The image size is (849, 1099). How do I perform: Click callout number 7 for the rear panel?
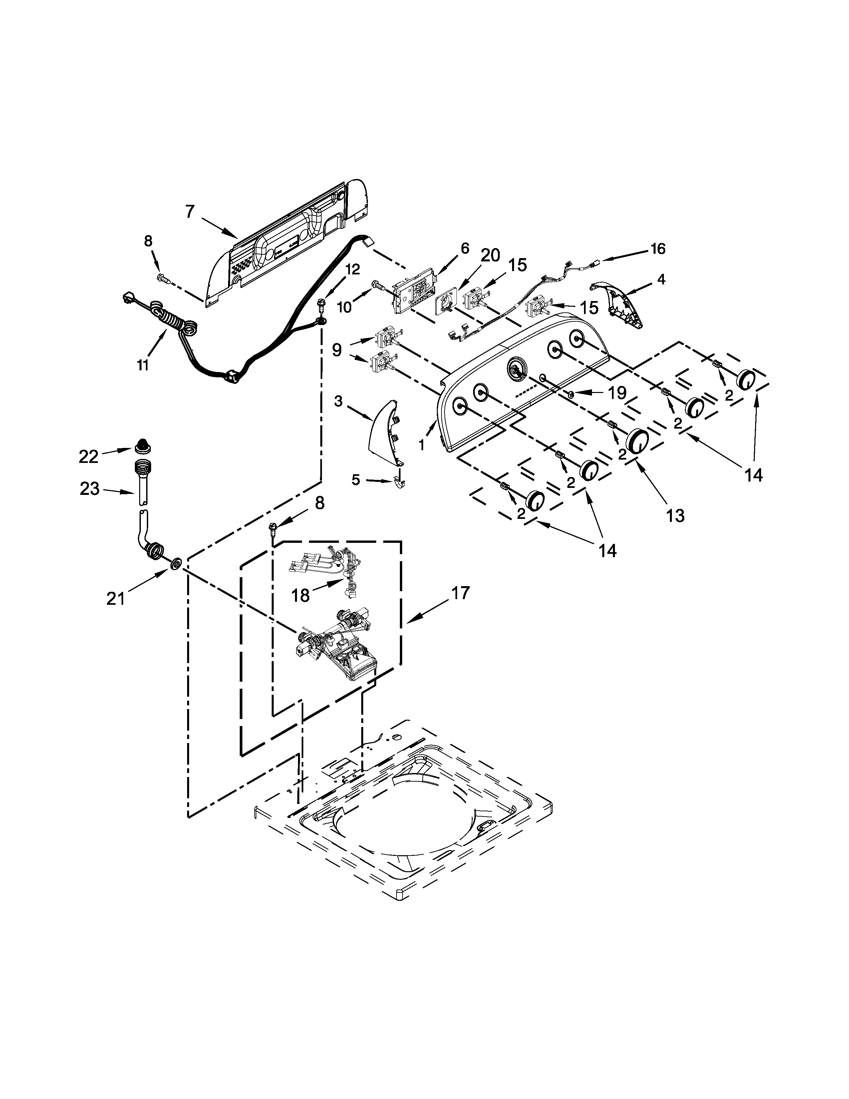pos(189,212)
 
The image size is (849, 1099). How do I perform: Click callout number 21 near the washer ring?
pos(115,599)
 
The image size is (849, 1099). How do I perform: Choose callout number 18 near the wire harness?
pos(301,595)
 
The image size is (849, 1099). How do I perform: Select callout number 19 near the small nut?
pos(617,393)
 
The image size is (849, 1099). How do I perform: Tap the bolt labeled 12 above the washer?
pos(320,304)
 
